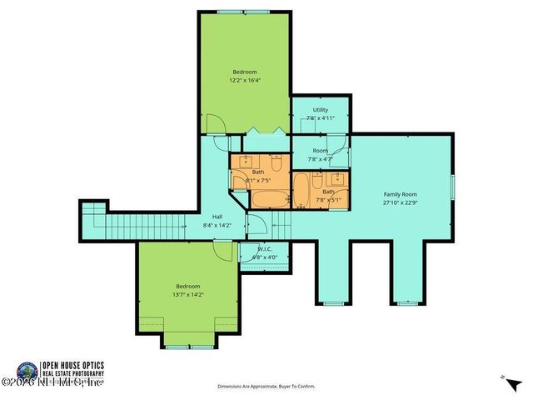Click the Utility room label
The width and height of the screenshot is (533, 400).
pos(320,110)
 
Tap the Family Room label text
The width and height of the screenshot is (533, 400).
pos(400,193)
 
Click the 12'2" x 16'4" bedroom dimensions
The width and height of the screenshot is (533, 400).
pos(246,81)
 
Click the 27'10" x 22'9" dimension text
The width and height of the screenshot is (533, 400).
pos(400,202)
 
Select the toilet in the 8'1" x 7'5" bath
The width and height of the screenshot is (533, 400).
pos(276,160)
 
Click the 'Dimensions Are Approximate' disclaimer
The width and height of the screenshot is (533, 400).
pos(266,387)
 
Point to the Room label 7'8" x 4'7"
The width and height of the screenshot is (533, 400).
pos(320,154)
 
